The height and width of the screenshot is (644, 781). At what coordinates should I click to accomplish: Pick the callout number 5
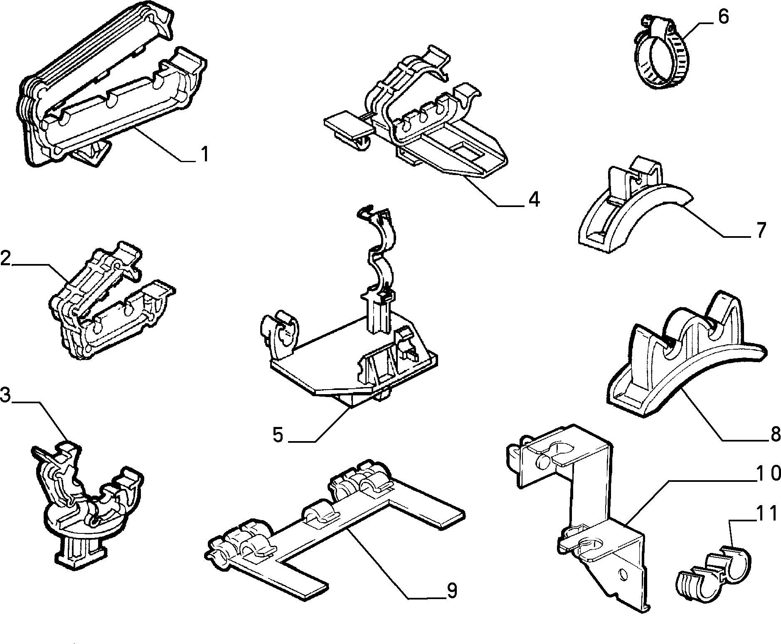(x=278, y=435)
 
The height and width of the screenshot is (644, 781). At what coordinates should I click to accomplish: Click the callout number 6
(x=723, y=17)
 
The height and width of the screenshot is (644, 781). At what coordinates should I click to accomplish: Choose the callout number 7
(x=760, y=230)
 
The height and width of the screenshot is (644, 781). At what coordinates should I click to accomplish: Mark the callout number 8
(x=775, y=434)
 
